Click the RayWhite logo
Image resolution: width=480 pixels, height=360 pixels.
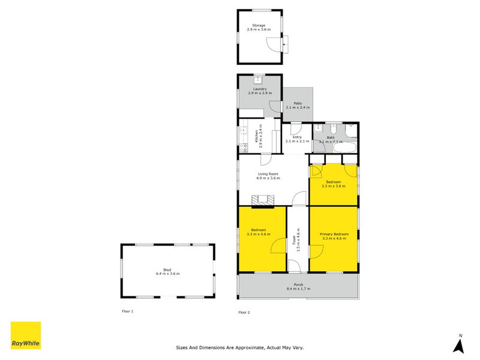(26, 335)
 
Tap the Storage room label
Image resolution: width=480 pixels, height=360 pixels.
(259, 26)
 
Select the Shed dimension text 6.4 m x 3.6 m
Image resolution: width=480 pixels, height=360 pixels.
(168, 274)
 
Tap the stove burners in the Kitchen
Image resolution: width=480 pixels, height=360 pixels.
(243, 146)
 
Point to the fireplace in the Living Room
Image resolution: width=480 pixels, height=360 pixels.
(261, 200)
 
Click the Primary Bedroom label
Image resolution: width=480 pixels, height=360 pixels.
(334, 234)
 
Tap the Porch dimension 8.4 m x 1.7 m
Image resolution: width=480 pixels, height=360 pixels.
(298, 289)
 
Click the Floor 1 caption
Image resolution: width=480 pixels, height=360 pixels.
(127, 311)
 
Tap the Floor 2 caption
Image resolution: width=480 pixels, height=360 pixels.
(244, 312)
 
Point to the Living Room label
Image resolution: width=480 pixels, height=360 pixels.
(268, 174)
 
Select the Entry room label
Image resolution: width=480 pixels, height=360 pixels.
(296, 137)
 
